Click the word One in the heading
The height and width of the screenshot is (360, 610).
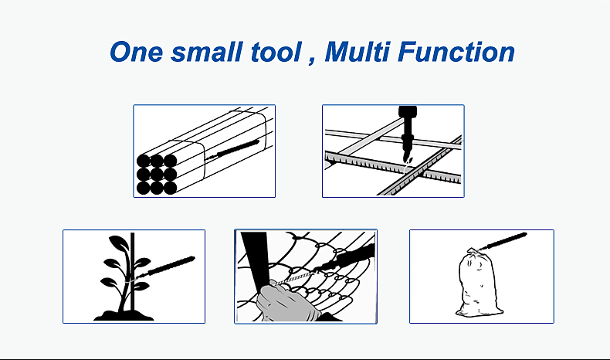136,52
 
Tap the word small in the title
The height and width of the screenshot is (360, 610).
206,52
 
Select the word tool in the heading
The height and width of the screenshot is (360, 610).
276,52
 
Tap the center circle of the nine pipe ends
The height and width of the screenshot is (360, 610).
157,174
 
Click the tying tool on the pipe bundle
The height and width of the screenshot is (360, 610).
232,150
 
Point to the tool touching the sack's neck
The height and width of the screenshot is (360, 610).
502,241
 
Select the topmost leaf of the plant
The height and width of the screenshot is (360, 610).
117,243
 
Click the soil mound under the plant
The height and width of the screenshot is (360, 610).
124,315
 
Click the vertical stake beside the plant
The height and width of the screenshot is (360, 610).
132,272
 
